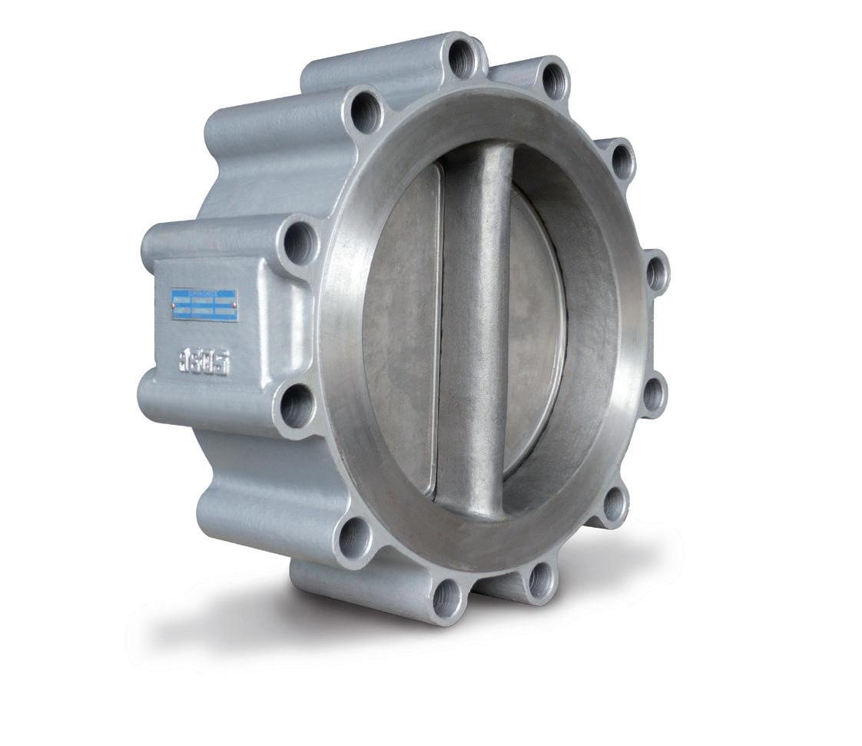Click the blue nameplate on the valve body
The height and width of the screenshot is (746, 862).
[204, 305]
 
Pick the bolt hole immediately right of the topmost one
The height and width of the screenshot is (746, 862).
[553, 79]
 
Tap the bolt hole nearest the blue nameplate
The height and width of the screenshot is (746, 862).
[299, 243]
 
